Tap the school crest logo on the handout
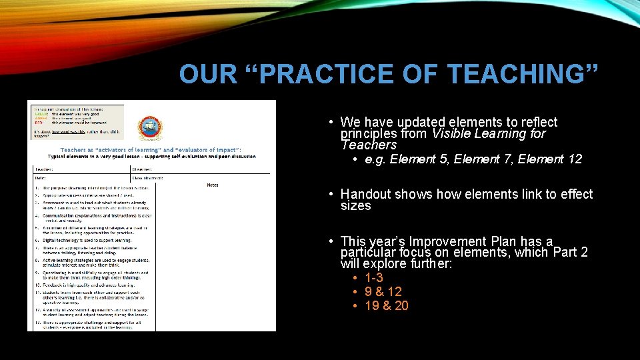point(149,128)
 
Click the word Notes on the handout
point(213,185)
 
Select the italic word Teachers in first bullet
point(368,145)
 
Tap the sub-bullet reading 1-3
point(373,278)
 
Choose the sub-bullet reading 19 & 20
point(387,306)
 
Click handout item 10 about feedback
point(90,285)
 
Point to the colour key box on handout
point(75,121)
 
